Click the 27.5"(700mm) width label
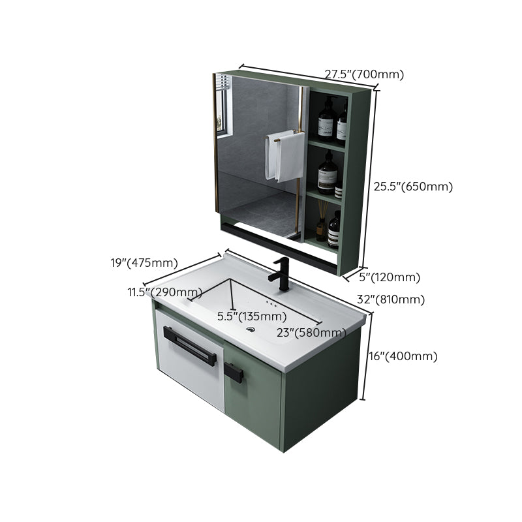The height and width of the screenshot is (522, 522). [364, 74]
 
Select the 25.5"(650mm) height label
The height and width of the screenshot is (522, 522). [412, 187]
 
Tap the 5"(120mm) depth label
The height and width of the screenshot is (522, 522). [390, 277]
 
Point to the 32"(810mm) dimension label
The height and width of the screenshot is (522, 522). [391, 299]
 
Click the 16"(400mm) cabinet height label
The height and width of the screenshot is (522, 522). [403, 356]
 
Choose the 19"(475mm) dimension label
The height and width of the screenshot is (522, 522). [144, 263]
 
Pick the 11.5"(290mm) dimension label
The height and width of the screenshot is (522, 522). [164, 292]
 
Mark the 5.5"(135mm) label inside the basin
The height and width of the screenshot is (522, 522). [252, 316]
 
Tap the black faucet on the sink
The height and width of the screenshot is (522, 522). [283, 273]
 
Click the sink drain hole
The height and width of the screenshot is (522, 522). [251, 330]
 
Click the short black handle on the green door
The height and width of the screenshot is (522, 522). [234, 373]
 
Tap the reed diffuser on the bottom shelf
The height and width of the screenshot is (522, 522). [321, 222]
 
